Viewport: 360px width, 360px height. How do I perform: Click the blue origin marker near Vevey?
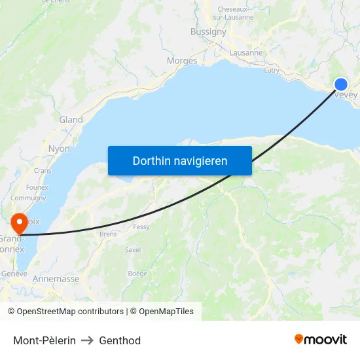pos(341,84)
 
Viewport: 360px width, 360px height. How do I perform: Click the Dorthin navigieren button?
pos(180,160)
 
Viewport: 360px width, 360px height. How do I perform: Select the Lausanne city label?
pos(246,52)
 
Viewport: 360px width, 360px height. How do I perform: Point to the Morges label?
pos(182,61)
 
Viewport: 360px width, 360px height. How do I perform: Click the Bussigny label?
pos(208,31)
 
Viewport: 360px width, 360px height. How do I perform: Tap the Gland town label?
pos(71,120)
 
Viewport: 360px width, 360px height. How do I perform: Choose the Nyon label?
pos(59,149)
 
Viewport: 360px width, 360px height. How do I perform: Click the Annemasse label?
pos(56,279)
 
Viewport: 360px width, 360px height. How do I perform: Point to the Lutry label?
pos(271,70)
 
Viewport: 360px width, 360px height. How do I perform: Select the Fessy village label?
pos(141,227)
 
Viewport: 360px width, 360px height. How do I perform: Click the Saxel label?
pos(133,249)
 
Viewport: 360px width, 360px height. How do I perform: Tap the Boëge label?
pos(137,274)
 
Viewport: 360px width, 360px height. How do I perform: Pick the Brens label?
pos(108,234)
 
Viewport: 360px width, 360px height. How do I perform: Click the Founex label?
pos(37,187)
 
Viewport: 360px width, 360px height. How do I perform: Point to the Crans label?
pos(43,171)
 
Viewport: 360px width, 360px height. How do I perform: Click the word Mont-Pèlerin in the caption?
pos(45,340)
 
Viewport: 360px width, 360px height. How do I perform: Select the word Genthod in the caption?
pos(120,340)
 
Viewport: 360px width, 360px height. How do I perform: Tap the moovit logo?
pos(320,339)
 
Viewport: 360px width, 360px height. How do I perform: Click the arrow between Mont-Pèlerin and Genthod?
pos(87,340)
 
